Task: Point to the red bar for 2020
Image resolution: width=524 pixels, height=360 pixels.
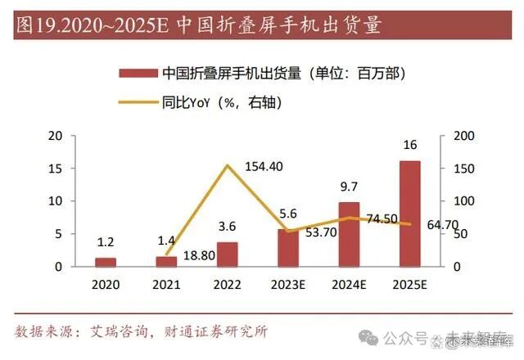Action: (106, 262)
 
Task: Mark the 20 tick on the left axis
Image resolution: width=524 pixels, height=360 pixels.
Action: (56, 136)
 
